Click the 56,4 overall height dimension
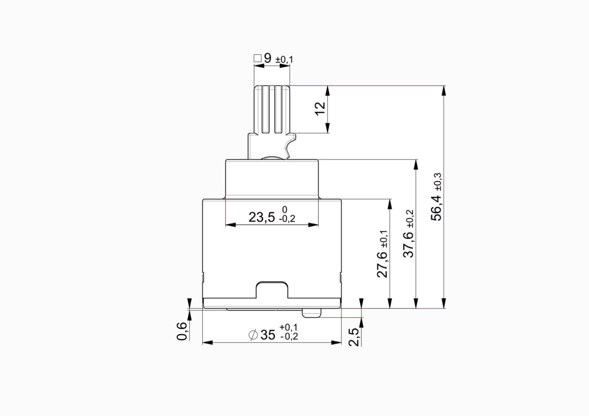[x=436, y=207]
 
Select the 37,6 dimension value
[x=408, y=244]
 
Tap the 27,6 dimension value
[x=382, y=264]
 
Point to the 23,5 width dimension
[x=262, y=217]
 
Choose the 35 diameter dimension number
[x=268, y=335]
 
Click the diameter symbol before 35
[x=254, y=335]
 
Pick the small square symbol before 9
[x=257, y=58]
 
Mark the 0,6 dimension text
[x=182, y=331]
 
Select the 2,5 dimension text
[x=354, y=337]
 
